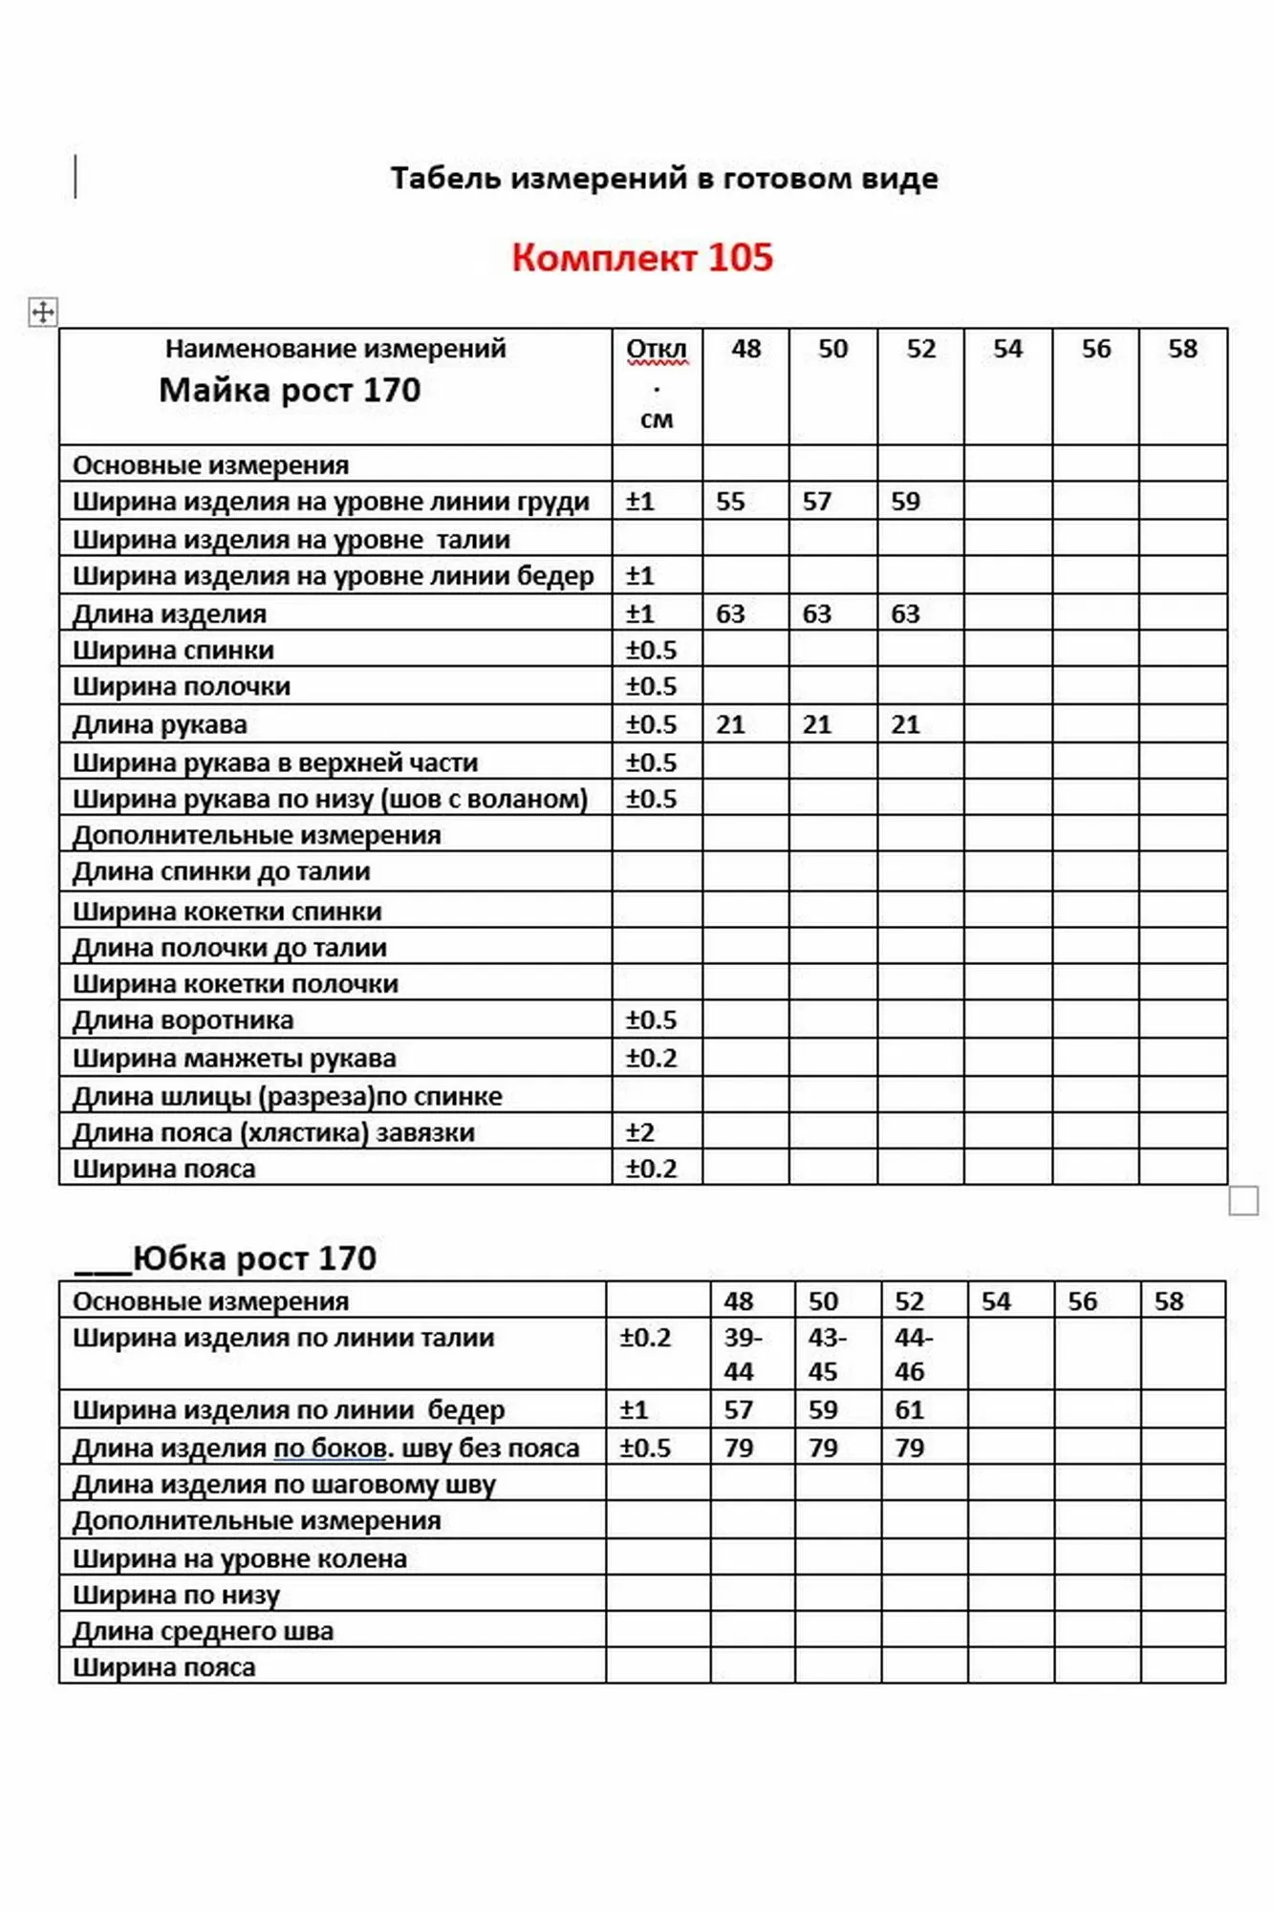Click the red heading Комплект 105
[641, 258]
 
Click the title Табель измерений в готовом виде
[664, 179]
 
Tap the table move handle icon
[43, 311]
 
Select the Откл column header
[657, 350]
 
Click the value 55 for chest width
[730, 502]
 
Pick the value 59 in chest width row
[905, 502]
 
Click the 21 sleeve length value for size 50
[817, 724]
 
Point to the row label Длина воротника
[184, 1020]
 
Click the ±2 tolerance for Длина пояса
[639, 1132]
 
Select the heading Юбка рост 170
[254, 1258]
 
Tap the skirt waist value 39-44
[741, 1354]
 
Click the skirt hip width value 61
[910, 1409]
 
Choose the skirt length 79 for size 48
[739, 1448]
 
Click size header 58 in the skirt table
[1169, 1301]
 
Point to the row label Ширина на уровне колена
[240, 1558]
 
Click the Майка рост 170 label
[290, 391]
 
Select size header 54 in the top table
[1007, 349]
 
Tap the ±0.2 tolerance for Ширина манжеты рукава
[651, 1058]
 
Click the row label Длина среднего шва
[204, 1631]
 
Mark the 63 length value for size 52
[905, 613]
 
